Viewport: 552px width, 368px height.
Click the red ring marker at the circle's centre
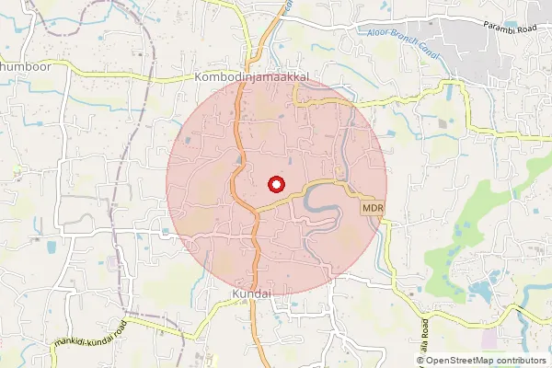(x=276, y=184)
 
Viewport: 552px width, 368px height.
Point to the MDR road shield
(x=372, y=209)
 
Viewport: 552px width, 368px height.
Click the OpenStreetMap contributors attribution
(x=480, y=361)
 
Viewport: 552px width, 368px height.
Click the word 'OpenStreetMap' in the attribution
(x=461, y=361)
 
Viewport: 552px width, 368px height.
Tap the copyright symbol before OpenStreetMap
(x=420, y=361)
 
